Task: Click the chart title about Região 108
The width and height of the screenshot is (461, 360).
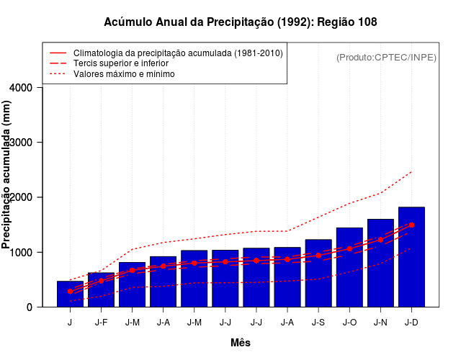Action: [x=241, y=22]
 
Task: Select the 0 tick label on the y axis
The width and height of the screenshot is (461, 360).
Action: [x=29, y=307]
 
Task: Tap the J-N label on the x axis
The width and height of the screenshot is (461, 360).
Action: [x=380, y=323]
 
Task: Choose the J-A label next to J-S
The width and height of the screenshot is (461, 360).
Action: [x=287, y=323]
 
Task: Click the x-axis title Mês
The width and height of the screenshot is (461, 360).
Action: [x=241, y=343]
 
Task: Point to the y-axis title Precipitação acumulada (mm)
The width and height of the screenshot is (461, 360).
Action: [x=7, y=176]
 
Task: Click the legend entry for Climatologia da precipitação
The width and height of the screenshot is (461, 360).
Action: [x=178, y=53]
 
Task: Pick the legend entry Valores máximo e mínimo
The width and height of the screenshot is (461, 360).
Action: [x=124, y=73]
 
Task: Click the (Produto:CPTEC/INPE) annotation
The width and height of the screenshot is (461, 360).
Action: [x=387, y=57]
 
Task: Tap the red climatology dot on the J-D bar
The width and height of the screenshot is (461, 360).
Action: [x=411, y=225]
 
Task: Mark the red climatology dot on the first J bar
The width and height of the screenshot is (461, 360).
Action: [x=70, y=291]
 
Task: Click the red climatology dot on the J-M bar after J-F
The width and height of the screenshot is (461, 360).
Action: [x=132, y=270]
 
